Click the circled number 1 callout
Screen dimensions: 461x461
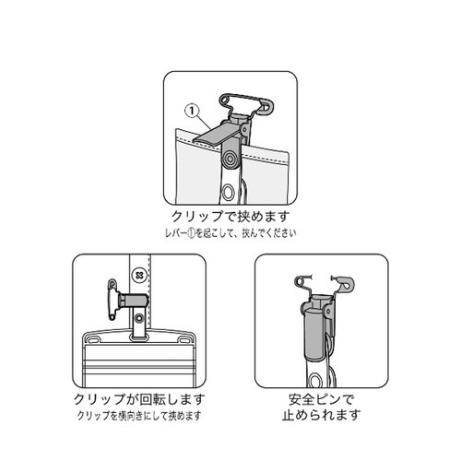[x=193, y=112]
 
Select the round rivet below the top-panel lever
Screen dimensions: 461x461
[x=228, y=162]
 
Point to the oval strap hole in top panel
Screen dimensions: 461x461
[x=228, y=193]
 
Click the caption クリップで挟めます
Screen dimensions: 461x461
[x=230, y=220]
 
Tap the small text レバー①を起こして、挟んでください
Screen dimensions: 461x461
[x=230, y=236]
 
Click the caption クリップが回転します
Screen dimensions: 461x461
[x=138, y=401]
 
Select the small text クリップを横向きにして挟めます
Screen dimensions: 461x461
[x=138, y=417]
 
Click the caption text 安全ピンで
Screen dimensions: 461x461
[x=321, y=402]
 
